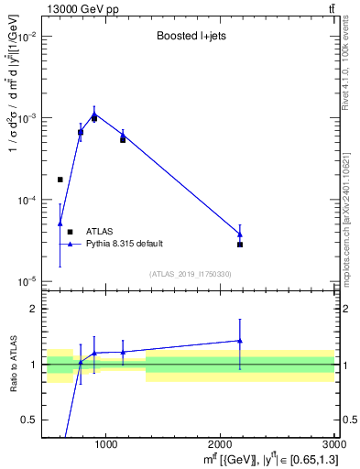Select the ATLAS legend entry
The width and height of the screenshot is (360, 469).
click(99, 232)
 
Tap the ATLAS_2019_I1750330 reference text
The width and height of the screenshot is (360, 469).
click(190, 274)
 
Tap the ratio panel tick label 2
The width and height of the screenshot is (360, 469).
click(36, 310)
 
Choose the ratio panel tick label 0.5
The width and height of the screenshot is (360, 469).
click(32, 420)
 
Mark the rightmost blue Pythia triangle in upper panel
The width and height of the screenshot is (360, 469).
click(240, 234)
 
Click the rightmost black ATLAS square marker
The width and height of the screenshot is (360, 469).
click(240, 245)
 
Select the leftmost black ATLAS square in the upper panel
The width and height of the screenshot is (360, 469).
click(60, 180)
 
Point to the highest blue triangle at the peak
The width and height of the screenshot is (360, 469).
click(94, 115)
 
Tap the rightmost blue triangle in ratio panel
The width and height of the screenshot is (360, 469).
click(240, 341)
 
